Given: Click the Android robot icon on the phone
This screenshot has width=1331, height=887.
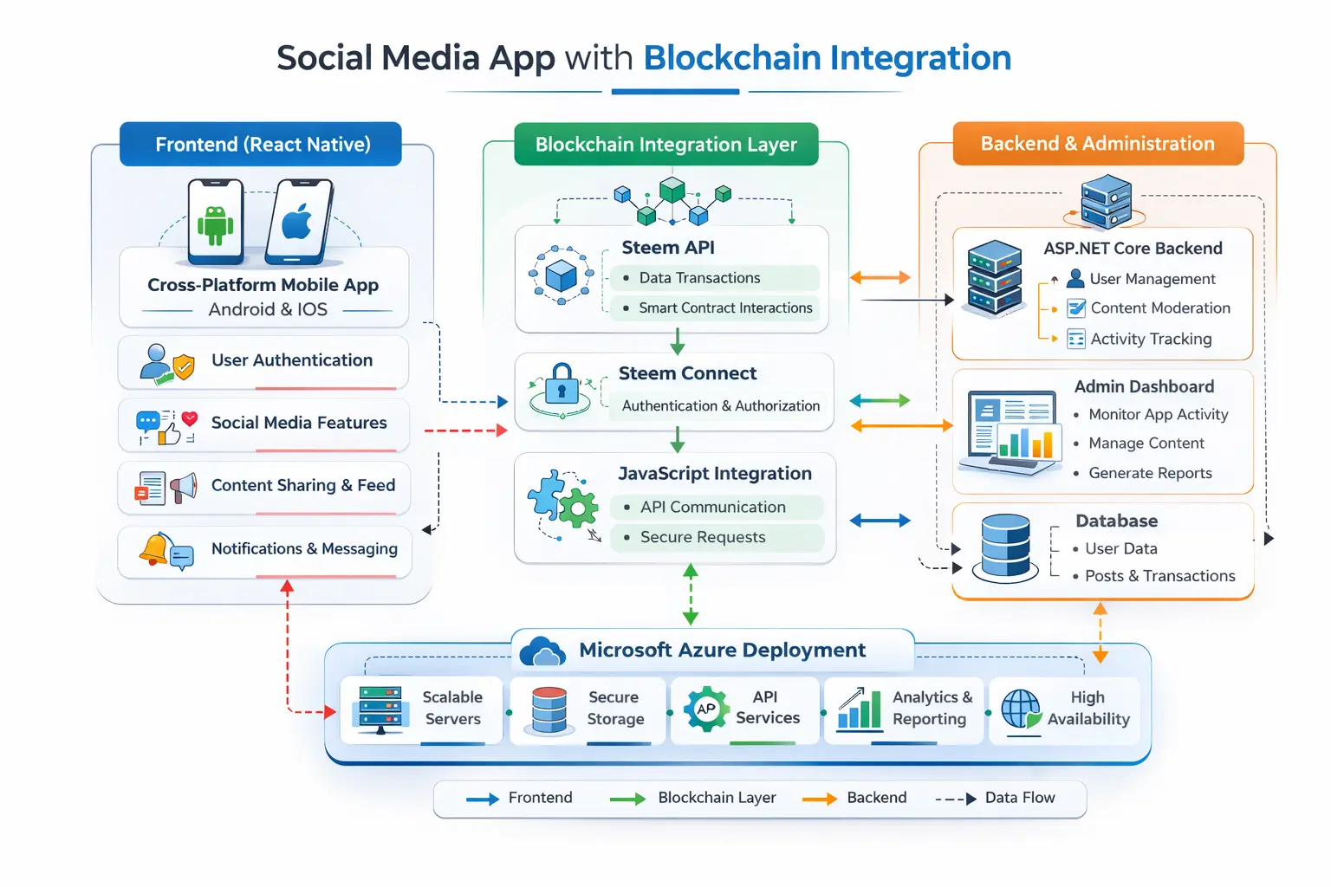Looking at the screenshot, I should pos(215,224).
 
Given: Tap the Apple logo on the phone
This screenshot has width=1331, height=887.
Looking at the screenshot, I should pos(297,223).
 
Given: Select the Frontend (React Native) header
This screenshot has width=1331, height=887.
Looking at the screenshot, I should pos(262,144).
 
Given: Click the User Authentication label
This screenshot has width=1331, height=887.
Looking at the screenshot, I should pos(292,360).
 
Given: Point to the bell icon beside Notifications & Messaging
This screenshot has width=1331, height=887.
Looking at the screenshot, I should pos(153,548).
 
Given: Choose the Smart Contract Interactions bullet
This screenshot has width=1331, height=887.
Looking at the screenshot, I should pos(725,308).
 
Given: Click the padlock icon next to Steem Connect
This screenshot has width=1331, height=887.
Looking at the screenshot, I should pos(562,383).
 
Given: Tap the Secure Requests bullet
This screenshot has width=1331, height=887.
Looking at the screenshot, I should pos(702,537).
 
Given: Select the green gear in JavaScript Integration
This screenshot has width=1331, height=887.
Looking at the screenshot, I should pos(578,507).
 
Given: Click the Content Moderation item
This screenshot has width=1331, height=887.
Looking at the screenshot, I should pos(1159,308).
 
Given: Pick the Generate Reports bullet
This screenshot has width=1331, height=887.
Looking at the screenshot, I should pos(1150,473).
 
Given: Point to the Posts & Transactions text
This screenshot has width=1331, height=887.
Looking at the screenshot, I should pos(1159,576).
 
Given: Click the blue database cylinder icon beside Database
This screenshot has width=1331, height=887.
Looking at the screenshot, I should pos(1005,547).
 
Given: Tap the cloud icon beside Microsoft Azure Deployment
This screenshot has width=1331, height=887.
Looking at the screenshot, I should pos(542,651).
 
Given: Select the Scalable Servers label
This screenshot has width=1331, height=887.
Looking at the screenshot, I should pos(452,708).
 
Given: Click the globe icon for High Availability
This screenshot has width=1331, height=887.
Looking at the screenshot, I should pos(1021,709).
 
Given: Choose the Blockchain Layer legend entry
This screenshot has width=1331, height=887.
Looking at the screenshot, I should pos(716,798).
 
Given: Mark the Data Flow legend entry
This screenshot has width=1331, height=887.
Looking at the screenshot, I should pos(1019,798).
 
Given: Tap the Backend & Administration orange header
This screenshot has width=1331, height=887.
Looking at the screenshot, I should pos(1097,144).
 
